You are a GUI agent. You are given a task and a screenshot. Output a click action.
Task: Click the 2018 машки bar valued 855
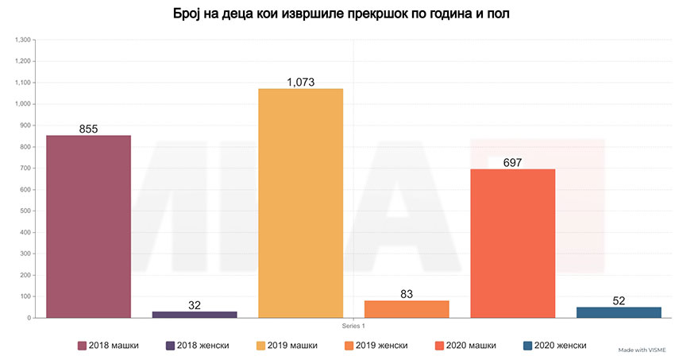point(88,226)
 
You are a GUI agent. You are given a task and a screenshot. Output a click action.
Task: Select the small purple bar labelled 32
point(195,315)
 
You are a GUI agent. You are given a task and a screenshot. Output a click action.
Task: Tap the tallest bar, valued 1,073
point(300,203)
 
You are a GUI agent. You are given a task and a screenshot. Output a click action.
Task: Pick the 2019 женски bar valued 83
point(407,309)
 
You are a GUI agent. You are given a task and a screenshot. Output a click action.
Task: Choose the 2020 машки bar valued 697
point(512,243)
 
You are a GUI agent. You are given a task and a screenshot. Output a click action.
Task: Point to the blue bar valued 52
point(619,312)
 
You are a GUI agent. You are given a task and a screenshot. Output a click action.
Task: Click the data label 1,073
point(301,82)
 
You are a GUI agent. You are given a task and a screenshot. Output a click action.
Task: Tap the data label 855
point(88,129)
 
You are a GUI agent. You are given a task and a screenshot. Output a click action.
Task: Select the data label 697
point(513,162)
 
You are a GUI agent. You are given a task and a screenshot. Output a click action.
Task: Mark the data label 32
point(195,305)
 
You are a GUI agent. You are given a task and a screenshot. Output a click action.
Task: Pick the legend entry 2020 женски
point(555,345)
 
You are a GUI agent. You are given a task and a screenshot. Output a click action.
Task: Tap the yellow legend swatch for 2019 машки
point(260,345)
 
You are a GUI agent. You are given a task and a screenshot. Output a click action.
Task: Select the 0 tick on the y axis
point(29,318)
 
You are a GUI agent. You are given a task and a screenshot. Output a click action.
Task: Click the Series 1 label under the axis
point(353,325)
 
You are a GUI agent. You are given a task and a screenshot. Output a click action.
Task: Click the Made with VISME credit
point(642,349)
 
